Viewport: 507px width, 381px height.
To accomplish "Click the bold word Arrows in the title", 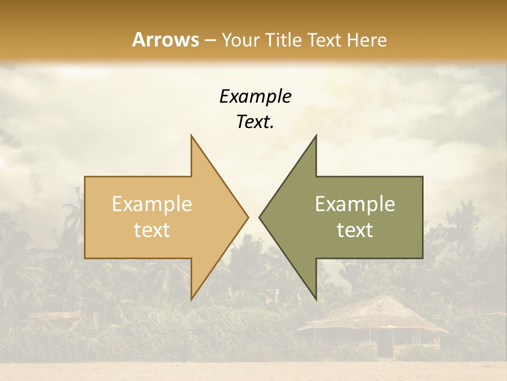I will pos(166,40).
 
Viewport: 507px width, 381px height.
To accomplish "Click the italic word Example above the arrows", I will pos(255,96).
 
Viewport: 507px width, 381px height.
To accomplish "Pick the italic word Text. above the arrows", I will pos(255,122).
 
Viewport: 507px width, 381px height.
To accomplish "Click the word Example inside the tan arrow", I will pos(152,204).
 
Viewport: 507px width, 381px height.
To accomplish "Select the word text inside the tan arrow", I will pos(152,230).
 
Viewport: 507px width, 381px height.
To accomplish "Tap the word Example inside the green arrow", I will pos(355,204).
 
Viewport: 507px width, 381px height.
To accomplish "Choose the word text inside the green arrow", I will pos(355,230).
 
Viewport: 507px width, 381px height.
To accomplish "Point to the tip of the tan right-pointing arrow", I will pos(248,217).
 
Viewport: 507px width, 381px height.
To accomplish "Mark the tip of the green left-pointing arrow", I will pos(259,217).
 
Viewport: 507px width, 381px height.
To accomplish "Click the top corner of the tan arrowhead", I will pos(191,135).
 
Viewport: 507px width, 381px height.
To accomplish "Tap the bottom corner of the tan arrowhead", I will pos(191,300).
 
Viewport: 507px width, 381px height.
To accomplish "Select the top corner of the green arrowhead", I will pos(316,135).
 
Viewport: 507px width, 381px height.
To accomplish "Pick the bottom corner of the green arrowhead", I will pos(316,300).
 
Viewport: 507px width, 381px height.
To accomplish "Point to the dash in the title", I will pos(210,40).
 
